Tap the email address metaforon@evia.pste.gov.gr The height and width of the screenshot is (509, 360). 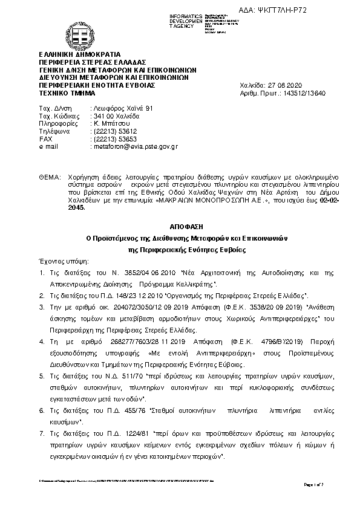(133, 146)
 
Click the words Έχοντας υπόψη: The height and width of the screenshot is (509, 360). (64, 261)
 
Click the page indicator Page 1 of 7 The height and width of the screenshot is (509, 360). (324, 485)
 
